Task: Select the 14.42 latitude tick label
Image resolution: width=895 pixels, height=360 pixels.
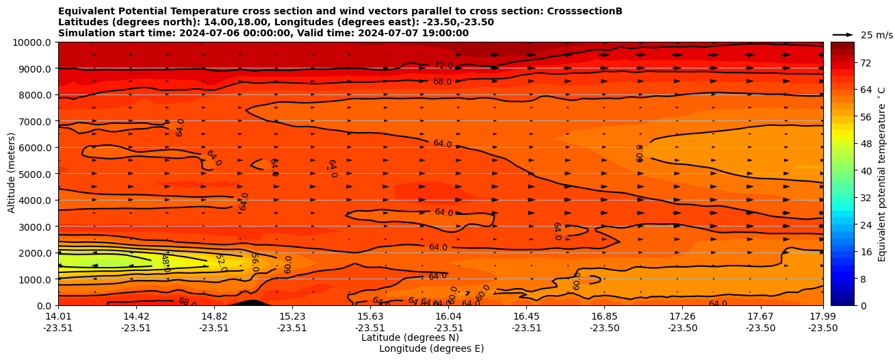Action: [x=136, y=316]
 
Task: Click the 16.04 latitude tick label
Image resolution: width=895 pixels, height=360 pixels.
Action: [x=449, y=316]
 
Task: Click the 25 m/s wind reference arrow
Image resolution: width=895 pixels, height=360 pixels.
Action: [x=843, y=35]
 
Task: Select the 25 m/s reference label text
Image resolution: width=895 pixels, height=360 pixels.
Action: [x=877, y=35]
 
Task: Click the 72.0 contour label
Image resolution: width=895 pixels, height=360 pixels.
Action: [x=443, y=66]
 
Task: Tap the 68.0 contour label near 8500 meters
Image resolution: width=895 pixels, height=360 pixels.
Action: [x=442, y=81]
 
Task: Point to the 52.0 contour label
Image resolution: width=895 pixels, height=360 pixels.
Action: [x=220, y=263]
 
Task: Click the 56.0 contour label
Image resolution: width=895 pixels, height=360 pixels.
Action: [x=254, y=262]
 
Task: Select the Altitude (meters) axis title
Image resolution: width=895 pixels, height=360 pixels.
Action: [x=12, y=174]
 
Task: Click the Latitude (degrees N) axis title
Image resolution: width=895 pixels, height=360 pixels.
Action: [x=410, y=337]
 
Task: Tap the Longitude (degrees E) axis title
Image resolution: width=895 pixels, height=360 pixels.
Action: [x=431, y=348]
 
